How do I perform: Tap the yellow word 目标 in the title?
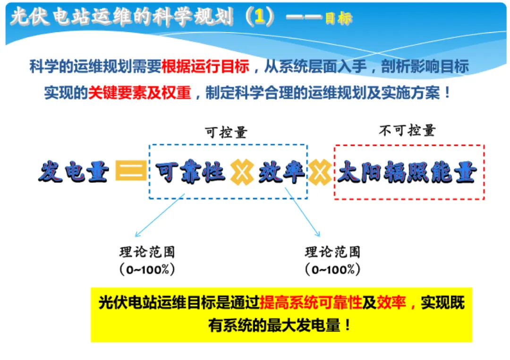(338, 18)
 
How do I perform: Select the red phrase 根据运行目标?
(205, 66)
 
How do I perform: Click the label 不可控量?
(407, 130)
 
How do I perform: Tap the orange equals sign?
(131, 171)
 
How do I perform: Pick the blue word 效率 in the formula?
(281, 172)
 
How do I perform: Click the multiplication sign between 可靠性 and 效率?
(242, 172)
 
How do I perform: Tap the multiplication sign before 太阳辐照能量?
(320, 172)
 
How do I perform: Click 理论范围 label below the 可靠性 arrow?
(147, 251)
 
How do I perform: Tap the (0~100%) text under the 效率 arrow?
(332, 270)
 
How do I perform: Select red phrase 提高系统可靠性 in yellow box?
(311, 303)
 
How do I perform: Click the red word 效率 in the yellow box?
(391, 303)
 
